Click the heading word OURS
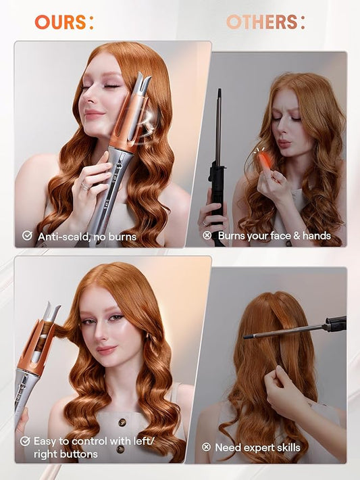[61, 22]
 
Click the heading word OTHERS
[261, 22]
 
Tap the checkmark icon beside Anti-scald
[27, 236]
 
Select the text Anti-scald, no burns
[86, 237]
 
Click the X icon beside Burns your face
[207, 236]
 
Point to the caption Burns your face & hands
[274, 236]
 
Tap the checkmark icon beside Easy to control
[26, 441]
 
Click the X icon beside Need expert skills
[207, 448]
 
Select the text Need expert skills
[257, 448]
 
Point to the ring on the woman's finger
[85, 185]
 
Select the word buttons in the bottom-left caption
[76, 454]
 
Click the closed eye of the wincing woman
[278, 119]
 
